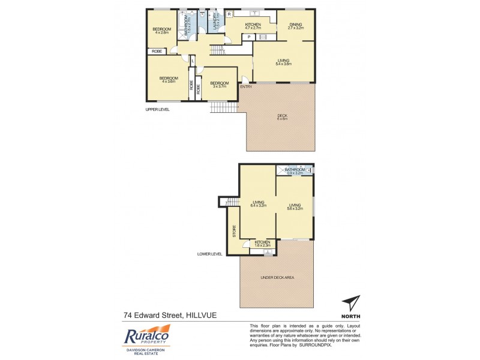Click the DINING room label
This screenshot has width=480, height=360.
(294, 26)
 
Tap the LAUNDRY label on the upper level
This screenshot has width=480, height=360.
(215, 24)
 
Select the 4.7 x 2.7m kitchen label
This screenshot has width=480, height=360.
(253, 26)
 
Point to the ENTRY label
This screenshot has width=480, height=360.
(246, 87)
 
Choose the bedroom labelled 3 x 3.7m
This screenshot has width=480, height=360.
(219, 85)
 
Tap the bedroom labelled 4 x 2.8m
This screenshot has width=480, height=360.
(161, 31)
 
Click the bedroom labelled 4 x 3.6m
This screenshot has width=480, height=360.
(169, 80)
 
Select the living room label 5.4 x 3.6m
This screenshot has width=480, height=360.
(284, 62)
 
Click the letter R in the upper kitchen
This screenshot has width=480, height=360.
(229, 13)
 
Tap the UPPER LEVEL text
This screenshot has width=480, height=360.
(158, 110)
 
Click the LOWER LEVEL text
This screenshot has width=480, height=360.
(210, 254)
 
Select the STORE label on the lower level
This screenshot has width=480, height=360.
(234, 231)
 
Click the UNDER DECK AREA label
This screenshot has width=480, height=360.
(276, 277)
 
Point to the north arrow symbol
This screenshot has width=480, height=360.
(351, 304)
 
